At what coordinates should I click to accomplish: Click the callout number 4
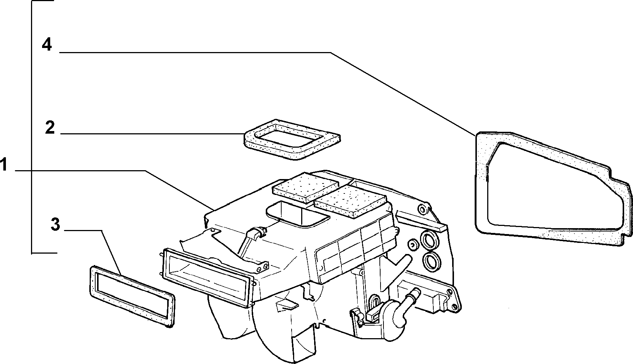pyautogui.click(x=47, y=45)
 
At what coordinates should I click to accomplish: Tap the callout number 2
pyautogui.click(x=50, y=128)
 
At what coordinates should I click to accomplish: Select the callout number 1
pyautogui.click(x=4, y=165)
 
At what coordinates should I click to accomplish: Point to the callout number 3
pyautogui.click(x=55, y=224)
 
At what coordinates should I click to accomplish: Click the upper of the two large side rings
pyautogui.click(x=430, y=240)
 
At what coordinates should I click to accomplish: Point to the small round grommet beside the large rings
pyautogui.click(x=413, y=244)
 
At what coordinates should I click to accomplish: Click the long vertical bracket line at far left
pyautogui.click(x=32, y=127)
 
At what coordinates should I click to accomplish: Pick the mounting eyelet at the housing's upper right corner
pyautogui.click(x=421, y=209)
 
